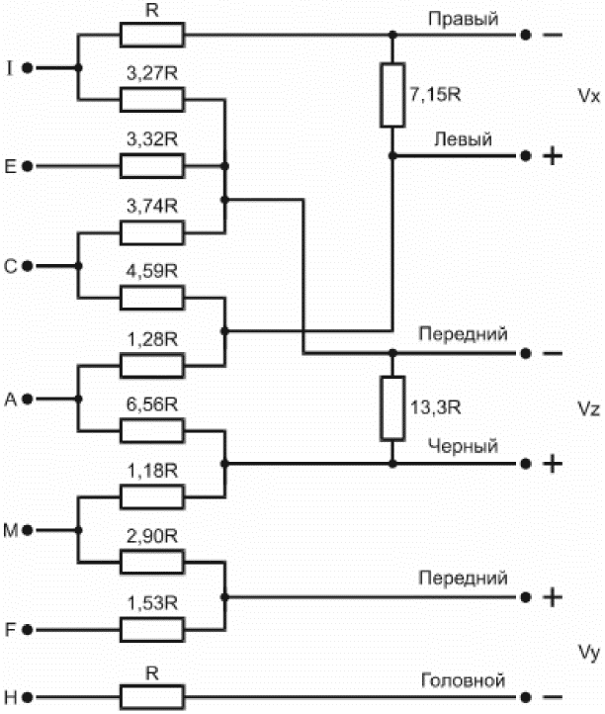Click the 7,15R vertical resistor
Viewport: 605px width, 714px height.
(392, 95)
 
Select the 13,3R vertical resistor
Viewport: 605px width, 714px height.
(392, 408)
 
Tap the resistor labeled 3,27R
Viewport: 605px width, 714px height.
(152, 100)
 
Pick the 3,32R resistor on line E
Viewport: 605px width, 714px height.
(152, 166)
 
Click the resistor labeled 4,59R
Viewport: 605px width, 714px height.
(152, 298)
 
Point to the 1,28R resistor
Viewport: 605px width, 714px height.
(152, 365)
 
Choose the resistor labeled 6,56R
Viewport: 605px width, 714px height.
(152, 431)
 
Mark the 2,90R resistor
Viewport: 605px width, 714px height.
(152, 563)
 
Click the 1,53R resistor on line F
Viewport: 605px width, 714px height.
(152, 630)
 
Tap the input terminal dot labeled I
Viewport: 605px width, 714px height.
(28, 68)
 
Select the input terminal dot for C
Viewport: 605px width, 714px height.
(28, 265)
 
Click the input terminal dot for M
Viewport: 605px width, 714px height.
(28, 530)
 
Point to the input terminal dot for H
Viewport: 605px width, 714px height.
(28, 697)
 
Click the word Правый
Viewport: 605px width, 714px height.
(463, 20)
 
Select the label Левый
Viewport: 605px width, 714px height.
(463, 139)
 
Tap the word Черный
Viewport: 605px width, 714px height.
(463, 446)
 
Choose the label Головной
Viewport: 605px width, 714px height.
(463, 680)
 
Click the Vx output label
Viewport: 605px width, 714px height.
(588, 96)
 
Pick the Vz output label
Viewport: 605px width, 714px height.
(588, 408)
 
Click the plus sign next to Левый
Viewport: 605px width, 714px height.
(553, 156)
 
